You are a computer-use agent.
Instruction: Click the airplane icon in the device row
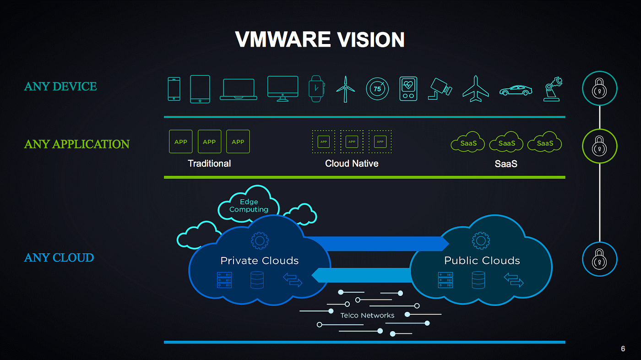point(476,89)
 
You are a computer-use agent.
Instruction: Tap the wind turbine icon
point(345,89)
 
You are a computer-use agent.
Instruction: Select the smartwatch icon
point(316,88)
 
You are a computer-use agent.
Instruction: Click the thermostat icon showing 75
point(377,89)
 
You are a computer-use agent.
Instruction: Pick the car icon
point(516,91)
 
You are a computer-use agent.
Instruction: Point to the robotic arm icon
point(553,89)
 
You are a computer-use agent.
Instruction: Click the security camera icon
point(440,89)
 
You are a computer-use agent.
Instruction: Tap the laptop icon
point(239,89)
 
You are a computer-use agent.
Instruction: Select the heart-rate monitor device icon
point(408,89)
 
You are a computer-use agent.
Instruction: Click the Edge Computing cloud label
point(249,206)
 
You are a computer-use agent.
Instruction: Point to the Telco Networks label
point(367,316)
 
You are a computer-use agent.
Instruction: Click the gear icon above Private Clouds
point(260,240)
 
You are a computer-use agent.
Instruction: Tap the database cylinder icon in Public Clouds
point(478,280)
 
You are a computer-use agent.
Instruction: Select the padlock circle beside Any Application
point(599,146)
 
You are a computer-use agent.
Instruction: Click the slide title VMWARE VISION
point(320,39)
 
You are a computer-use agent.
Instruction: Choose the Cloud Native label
point(352,164)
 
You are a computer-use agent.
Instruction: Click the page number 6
point(623,349)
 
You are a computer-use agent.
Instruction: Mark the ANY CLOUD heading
point(59,257)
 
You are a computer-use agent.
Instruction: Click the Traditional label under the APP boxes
point(209,164)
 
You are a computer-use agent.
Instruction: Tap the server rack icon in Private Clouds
point(224,280)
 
